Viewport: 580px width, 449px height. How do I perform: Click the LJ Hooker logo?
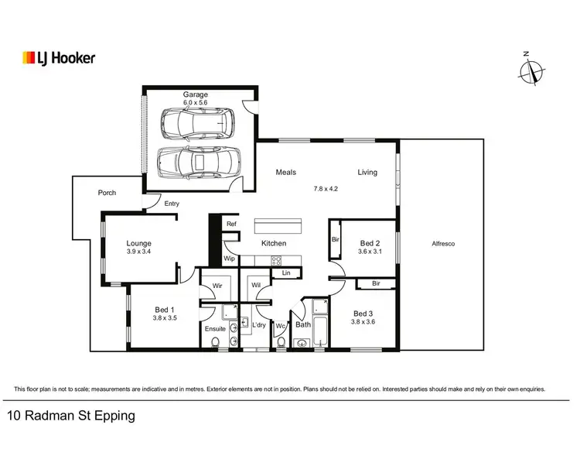59,58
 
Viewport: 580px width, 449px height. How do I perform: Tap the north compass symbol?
531,71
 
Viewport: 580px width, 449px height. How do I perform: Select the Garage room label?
196,94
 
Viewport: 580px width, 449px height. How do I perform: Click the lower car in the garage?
199,163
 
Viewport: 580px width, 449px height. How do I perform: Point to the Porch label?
107,193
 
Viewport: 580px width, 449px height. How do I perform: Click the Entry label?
172,204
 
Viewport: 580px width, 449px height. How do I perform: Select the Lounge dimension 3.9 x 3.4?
139,252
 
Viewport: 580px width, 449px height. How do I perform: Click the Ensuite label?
215,328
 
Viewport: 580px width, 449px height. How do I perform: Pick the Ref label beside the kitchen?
230,224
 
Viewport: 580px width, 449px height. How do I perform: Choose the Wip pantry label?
230,259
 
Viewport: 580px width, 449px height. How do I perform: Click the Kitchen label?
274,243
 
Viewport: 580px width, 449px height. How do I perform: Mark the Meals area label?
286,173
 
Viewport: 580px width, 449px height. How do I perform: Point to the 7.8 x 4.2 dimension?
326,189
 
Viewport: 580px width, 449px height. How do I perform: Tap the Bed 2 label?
370,242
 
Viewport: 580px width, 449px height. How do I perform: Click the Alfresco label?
443,244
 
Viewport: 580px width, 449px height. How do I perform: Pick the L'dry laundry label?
259,324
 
